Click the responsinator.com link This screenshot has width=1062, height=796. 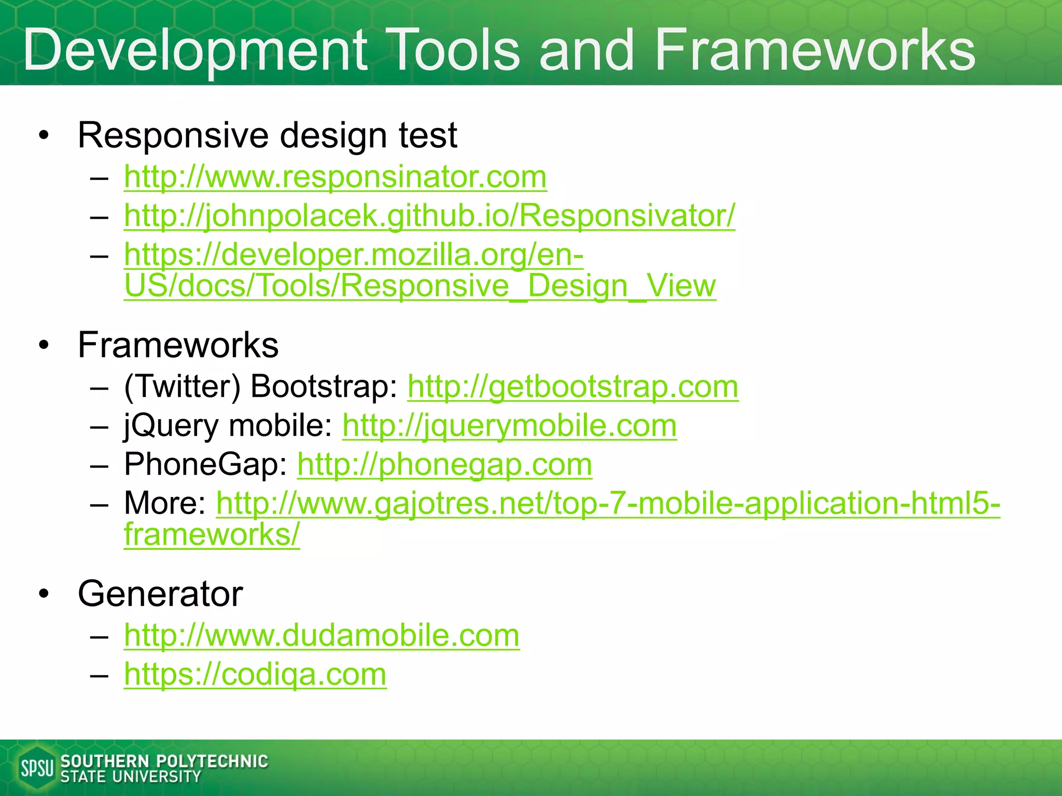coord(335,177)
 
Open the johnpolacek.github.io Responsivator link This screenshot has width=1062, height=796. coord(429,216)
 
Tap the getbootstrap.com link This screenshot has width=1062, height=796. coord(572,387)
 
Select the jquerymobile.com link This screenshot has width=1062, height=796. coord(509,425)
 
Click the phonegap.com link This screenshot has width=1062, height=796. coord(444,464)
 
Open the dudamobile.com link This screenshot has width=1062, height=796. coord(322,635)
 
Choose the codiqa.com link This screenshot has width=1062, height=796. coord(255,674)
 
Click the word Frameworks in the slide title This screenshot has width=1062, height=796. coord(815,50)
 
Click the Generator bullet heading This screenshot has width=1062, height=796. coord(160,594)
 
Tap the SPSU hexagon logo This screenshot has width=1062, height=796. coord(36,767)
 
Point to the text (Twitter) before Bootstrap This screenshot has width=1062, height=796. coord(183,387)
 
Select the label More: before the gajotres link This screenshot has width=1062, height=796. coord(165,503)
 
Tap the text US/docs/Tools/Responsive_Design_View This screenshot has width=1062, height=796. coord(420,286)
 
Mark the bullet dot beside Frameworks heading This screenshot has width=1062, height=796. coord(44,346)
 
